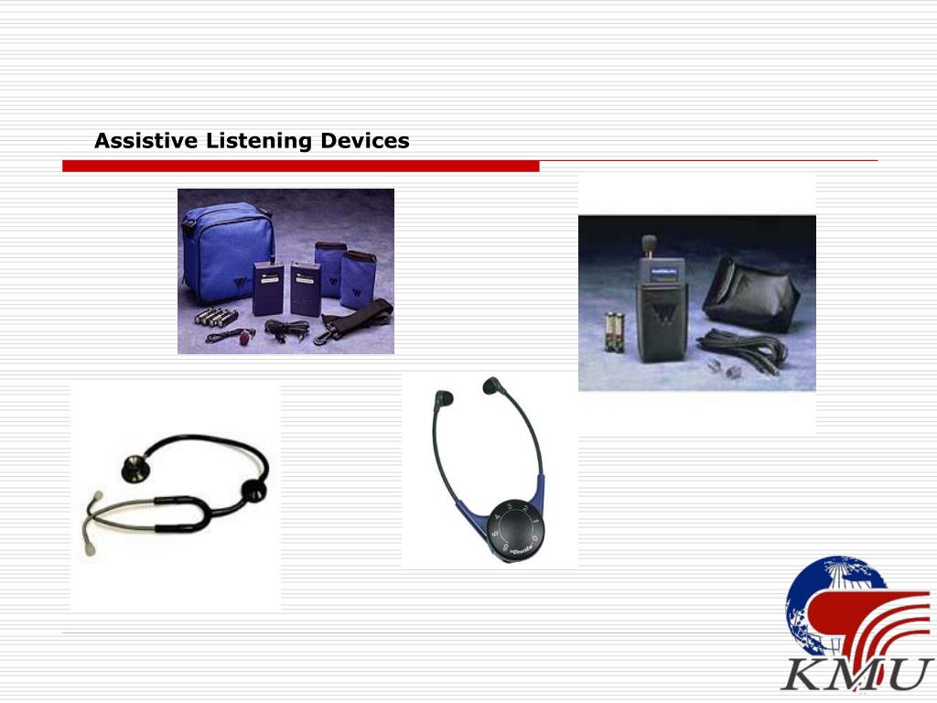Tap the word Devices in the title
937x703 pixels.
click(x=364, y=141)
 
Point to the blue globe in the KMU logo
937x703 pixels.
click(x=824, y=600)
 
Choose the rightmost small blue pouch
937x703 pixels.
click(x=358, y=278)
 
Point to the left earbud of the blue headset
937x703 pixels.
click(x=443, y=399)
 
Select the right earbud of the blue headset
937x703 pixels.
click(x=493, y=386)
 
